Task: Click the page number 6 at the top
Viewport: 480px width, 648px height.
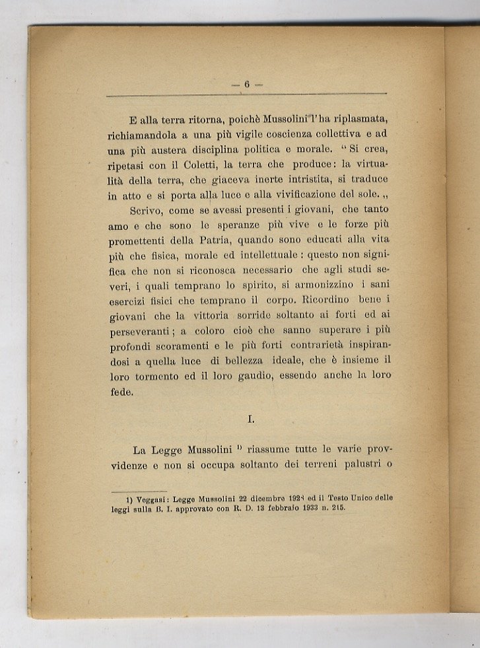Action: tap(246, 84)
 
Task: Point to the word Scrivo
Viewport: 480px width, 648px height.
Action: tap(149, 211)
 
